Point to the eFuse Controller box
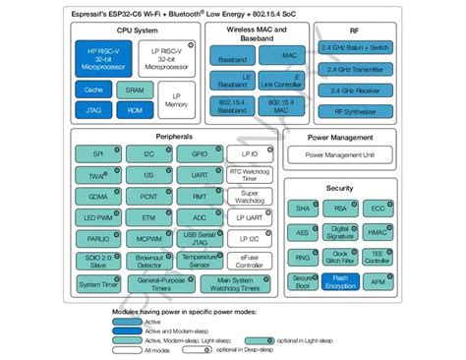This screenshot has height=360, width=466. point(249,262)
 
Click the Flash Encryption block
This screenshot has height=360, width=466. point(341,281)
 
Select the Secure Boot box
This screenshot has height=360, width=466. point(303,281)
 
